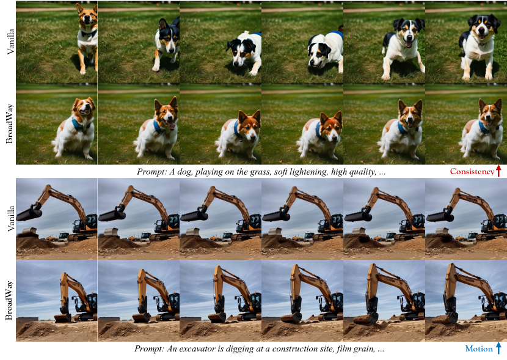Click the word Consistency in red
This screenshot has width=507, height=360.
472,171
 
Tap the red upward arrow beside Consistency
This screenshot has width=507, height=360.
498,171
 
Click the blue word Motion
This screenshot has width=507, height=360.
478,348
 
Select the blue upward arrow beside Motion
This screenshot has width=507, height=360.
498,348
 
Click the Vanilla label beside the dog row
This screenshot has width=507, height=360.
10,42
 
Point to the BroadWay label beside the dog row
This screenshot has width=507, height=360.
10,124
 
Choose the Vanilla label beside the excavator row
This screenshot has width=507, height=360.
10,218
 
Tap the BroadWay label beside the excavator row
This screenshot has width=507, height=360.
9,301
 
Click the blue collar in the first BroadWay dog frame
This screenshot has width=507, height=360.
79,125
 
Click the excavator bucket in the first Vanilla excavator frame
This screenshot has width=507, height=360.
29,213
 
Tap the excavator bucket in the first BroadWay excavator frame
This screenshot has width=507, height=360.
62,318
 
